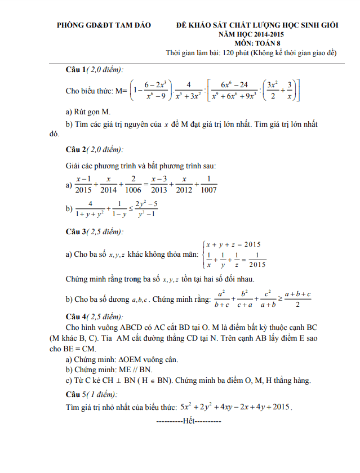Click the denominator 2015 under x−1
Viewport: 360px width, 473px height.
tap(83, 190)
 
